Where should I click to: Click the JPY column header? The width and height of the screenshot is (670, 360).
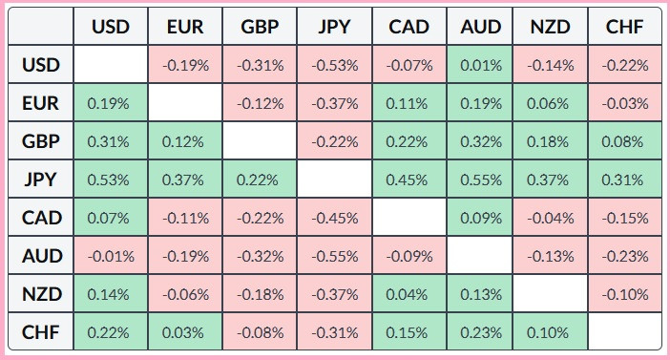coord(335,27)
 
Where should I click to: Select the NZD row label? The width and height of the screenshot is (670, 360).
coord(41,294)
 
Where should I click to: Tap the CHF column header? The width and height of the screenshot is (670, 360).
coord(625,27)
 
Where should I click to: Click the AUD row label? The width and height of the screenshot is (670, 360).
coord(41,256)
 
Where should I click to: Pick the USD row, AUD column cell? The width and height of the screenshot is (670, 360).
coord(480,65)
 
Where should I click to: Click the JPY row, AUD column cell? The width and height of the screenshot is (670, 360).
coord(480,180)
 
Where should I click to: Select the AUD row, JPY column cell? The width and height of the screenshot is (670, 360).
coord(335,256)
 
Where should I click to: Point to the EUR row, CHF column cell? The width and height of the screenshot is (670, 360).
coord(625,102)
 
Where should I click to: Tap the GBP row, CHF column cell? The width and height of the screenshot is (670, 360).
coord(625,141)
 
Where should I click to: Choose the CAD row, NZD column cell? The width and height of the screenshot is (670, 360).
coord(551,218)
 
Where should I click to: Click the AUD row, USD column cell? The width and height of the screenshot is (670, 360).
coord(111,256)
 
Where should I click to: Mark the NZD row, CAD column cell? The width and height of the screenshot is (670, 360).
coord(408,294)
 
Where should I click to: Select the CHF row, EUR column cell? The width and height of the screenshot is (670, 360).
coord(185,331)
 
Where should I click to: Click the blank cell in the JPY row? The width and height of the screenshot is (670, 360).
coord(335,180)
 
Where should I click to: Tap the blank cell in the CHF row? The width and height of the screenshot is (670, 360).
coord(625,331)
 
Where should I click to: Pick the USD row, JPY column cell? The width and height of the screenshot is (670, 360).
coord(335,65)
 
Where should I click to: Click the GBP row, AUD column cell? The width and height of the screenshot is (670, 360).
coord(480,141)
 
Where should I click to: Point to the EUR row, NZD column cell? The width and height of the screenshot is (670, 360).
coord(551,102)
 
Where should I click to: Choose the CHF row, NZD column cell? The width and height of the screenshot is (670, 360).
coord(551,331)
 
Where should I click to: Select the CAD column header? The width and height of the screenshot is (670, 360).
coord(408,27)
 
